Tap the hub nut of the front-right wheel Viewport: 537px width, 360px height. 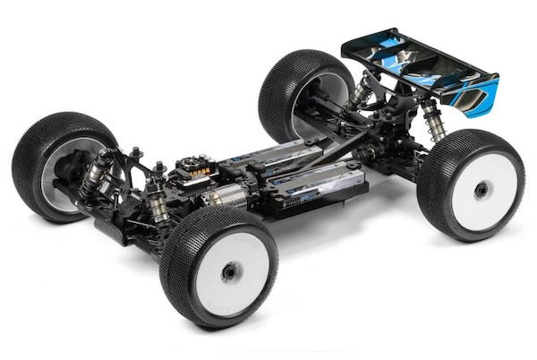231,270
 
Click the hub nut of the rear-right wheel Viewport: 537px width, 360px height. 481,190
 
